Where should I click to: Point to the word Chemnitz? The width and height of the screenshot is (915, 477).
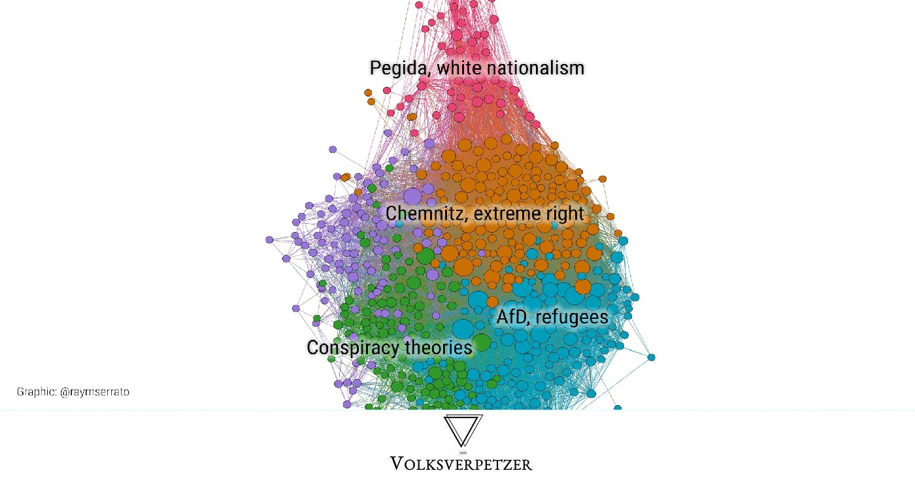click(425, 214)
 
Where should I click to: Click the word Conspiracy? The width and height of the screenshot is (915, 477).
click(352, 348)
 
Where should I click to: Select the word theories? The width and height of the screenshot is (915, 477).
click(439, 348)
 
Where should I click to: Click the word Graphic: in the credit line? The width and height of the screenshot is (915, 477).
click(37, 392)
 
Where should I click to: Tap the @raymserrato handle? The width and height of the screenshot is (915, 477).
click(95, 392)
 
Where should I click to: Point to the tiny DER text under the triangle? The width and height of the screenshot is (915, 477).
click(463, 453)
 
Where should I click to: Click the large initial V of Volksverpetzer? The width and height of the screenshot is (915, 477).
click(398, 464)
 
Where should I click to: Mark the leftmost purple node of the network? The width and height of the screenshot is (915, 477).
click(269, 240)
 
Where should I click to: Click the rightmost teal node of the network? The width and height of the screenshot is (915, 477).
click(652, 357)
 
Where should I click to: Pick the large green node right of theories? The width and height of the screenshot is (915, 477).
click(482, 342)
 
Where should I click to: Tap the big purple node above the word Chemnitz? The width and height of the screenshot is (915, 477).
click(412, 197)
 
